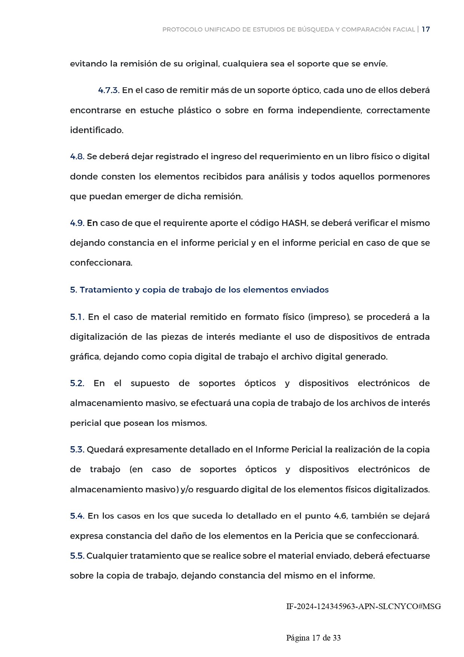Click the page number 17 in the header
[425, 30]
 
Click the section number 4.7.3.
[108, 91]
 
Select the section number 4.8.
[77, 157]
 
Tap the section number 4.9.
[77, 223]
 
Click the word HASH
[294, 223]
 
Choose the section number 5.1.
[77, 317]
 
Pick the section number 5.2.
[77, 383]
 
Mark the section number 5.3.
[77, 450]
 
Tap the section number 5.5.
[77, 556]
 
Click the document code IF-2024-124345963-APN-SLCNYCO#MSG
[363, 606]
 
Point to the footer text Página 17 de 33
[313, 638]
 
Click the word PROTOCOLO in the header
[182, 30]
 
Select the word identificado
[96, 130]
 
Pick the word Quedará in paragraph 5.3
[105, 450]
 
